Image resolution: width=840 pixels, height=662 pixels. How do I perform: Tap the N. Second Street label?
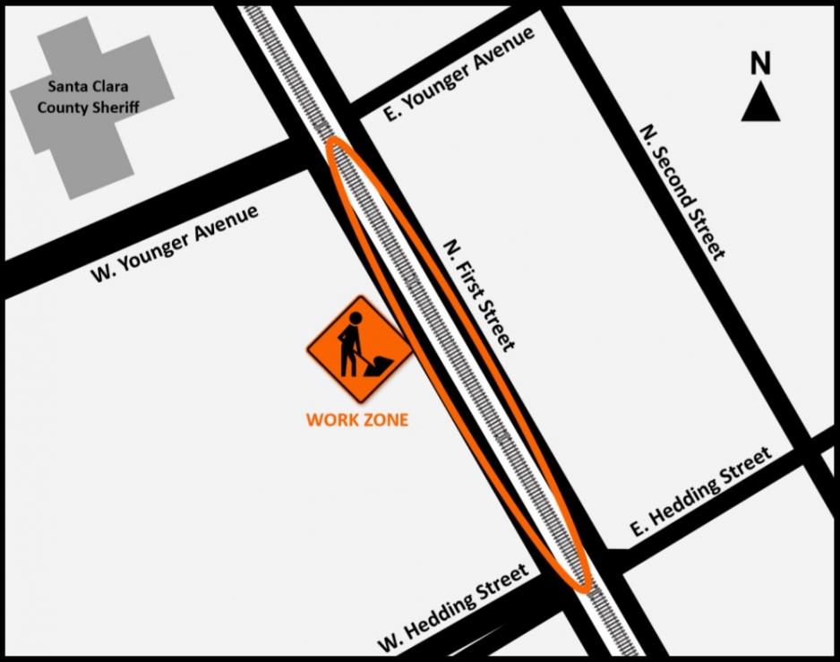tap(681, 191)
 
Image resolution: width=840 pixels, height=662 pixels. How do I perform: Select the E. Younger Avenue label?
tap(458, 75)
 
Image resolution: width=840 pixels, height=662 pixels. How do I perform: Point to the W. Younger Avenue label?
tap(175, 244)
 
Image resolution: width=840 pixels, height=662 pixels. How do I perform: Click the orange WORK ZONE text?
tap(356, 419)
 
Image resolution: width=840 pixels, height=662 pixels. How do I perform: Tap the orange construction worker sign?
tap(358, 348)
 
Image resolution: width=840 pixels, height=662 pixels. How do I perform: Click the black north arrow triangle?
tap(760, 105)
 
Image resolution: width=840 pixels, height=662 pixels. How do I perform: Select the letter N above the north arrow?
tap(760, 64)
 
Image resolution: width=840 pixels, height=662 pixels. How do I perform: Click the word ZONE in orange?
tap(384, 419)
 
